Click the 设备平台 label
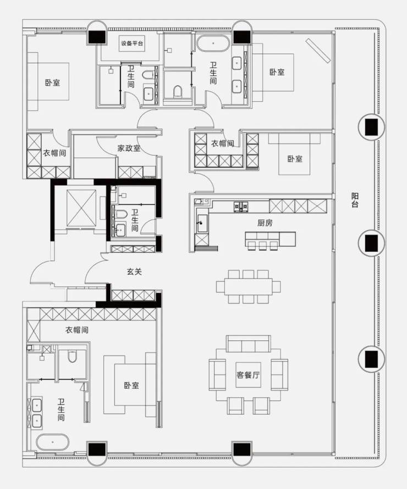point(132,44)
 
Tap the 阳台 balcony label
point(355,200)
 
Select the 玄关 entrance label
point(134,271)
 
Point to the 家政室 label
point(129,148)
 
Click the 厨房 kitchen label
point(265,222)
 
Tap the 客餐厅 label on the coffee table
point(248,375)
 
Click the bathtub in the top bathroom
point(213,43)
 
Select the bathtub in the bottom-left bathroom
point(52,442)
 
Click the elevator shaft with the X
point(81,208)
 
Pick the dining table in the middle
point(248,286)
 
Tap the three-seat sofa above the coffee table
point(248,344)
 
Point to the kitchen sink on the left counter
point(202,222)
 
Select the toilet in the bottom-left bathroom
point(72,356)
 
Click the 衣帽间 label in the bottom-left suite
point(76,330)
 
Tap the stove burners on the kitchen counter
point(241,207)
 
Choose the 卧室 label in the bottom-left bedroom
point(131,385)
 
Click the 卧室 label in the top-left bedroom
point(52,83)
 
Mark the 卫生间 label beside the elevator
point(135,220)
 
